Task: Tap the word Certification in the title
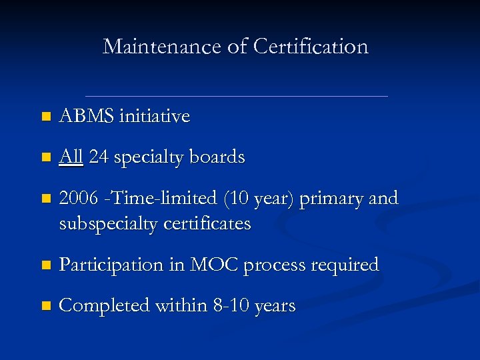[311, 47]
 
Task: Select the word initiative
[154, 117]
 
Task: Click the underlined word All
[71, 157]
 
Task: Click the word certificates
[211, 224]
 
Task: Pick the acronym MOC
[213, 265]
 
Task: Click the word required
[345, 265]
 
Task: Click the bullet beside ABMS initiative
[45, 117]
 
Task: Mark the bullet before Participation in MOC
[45, 265]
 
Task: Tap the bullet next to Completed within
[45, 307]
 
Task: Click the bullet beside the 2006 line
[45, 199]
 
